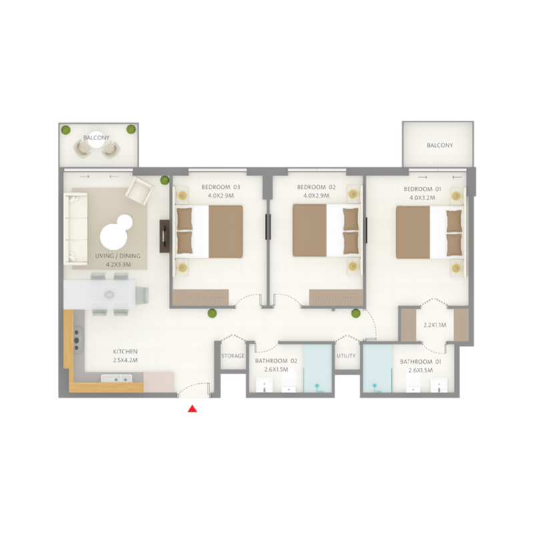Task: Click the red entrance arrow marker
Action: pyautogui.click(x=192, y=409)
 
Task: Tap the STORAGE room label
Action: pyautogui.click(x=233, y=356)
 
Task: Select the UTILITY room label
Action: pyautogui.click(x=346, y=356)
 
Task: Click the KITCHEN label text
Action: pyautogui.click(x=125, y=351)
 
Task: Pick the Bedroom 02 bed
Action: pyautogui.click(x=326, y=230)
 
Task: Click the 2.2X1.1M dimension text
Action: pyautogui.click(x=435, y=326)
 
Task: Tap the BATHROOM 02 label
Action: pyautogui.click(x=276, y=362)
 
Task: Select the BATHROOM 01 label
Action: pyautogui.click(x=420, y=362)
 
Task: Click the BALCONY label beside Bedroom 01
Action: pyautogui.click(x=440, y=146)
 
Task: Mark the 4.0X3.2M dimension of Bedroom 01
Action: pyautogui.click(x=420, y=197)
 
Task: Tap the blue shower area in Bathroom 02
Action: pyautogui.click(x=318, y=370)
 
